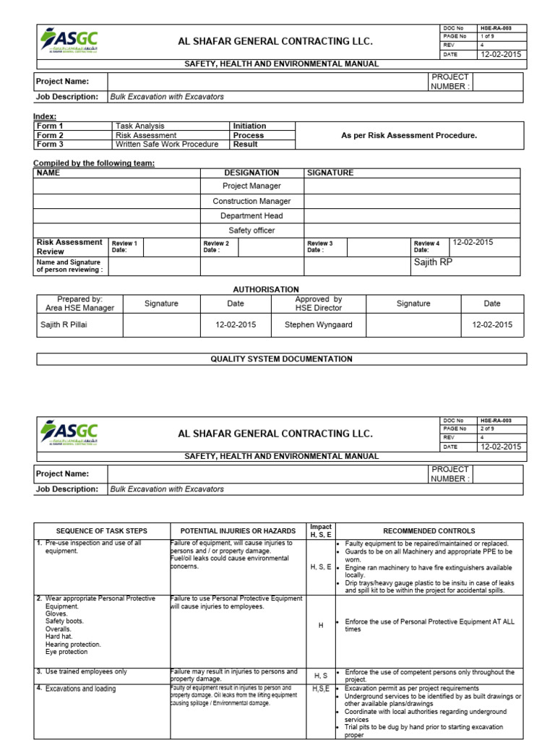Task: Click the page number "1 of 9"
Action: point(488,36)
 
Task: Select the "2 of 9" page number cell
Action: point(488,429)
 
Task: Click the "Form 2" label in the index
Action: point(51,135)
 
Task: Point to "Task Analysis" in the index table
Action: point(140,126)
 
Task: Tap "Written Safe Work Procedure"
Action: point(167,145)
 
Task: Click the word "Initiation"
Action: point(249,126)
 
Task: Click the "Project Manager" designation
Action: point(251,186)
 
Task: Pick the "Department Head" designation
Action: point(251,215)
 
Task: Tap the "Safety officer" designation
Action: point(251,231)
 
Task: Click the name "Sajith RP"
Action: point(433,262)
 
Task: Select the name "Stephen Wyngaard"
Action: point(318,324)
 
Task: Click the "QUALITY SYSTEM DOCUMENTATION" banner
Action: point(281,358)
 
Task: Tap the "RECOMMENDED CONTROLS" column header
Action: point(429,531)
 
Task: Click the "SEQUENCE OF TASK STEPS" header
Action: point(102,531)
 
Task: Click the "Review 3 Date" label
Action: point(320,246)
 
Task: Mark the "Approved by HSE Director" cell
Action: point(318,304)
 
